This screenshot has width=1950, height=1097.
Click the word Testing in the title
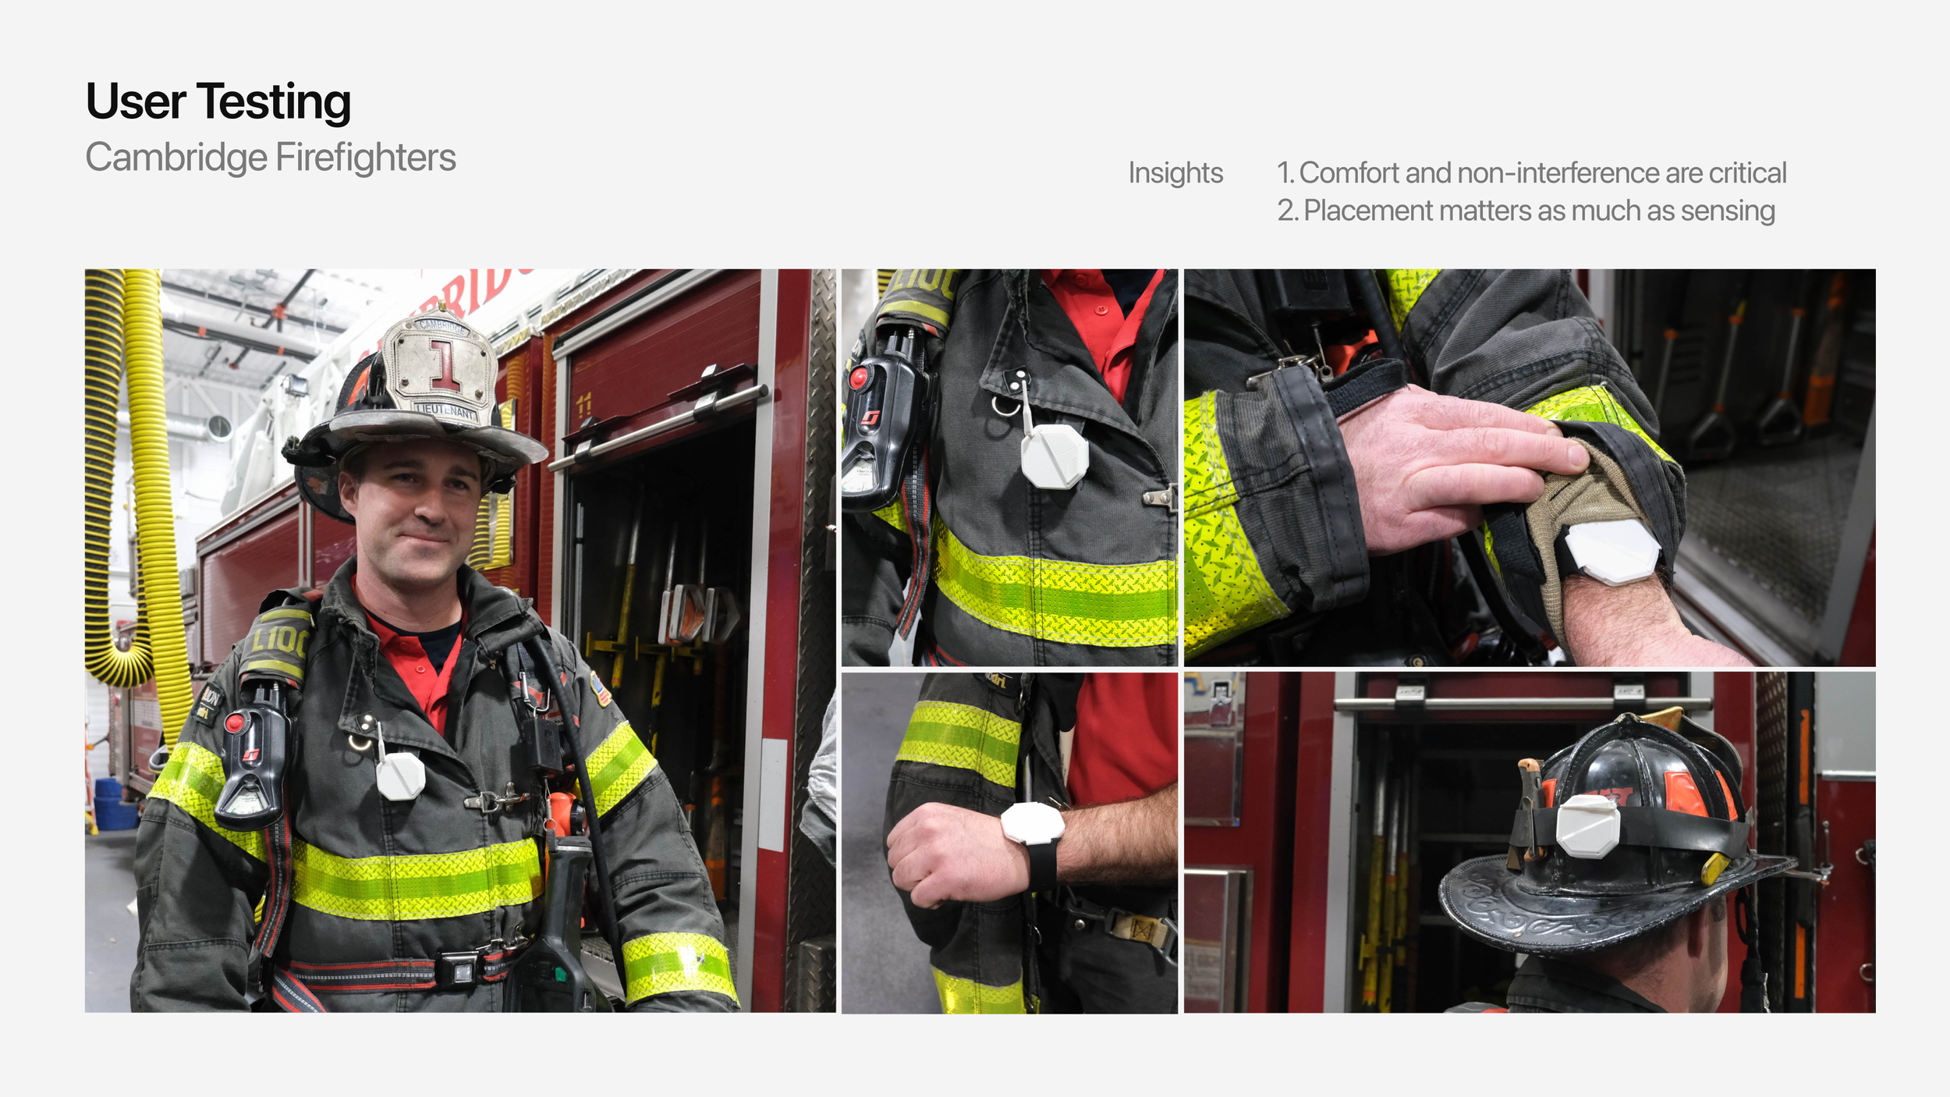[273, 103]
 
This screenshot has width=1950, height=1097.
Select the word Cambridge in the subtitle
[176, 158]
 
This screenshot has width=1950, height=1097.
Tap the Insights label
[1175, 173]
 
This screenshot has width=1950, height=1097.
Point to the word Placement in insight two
[1368, 211]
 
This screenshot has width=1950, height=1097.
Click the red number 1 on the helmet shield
[445, 364]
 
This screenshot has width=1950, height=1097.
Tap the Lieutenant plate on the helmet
[445, 409]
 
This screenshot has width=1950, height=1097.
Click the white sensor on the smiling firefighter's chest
[400, 776]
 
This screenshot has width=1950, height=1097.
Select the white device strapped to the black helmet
[1588, 825]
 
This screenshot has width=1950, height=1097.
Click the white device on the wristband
[1032, 823]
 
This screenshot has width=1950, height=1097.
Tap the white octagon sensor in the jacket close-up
[1055, 456]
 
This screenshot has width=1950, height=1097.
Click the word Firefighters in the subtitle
[366, 158]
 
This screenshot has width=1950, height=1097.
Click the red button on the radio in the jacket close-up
[859, 378]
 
